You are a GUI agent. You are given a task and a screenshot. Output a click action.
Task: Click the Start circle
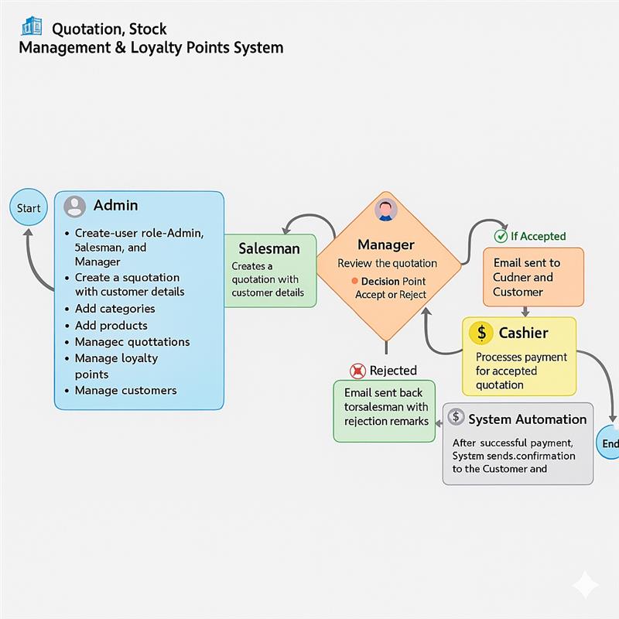click(x=29, y=208)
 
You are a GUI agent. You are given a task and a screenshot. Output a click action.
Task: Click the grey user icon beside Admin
click(x=75, y=207)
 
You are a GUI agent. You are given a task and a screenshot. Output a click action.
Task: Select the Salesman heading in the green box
click(x=268, y=248)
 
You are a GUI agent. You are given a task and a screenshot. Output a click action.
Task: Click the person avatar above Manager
click(x=385, y=210)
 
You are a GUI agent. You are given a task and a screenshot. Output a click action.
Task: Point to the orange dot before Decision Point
click(x=354, y=282)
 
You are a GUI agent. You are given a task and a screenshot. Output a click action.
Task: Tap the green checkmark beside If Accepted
click(x=501, y=236)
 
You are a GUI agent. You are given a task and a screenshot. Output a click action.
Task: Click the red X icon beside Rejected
click(x=357, y=371)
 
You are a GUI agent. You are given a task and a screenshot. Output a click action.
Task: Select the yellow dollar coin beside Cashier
click(x=481, y=333)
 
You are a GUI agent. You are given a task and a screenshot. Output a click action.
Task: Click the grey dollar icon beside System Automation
click(x=456, y=419)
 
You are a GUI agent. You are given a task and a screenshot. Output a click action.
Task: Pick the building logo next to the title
click(x=32, y=27)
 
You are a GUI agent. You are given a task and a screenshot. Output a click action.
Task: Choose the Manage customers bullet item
click(x=125, y=391)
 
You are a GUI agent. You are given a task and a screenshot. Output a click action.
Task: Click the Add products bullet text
click(x=111, y=326)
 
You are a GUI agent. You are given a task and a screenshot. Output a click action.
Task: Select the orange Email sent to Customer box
click(x=533, y=277)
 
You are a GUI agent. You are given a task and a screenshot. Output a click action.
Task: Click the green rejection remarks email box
click(x=384, y=410)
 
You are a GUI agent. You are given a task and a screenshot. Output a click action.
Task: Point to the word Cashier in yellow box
click(x=523, y=333)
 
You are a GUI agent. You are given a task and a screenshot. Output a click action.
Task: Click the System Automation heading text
click(x=527, y=419)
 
